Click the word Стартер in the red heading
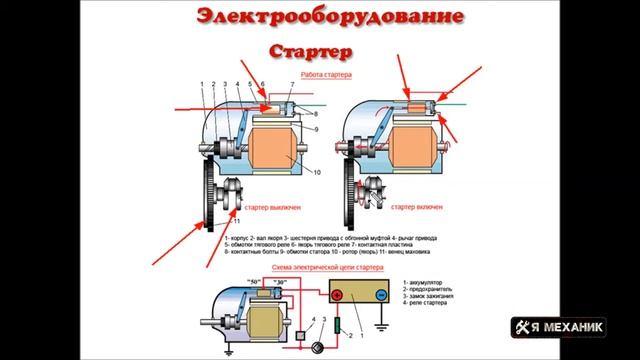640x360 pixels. (309, 49)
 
